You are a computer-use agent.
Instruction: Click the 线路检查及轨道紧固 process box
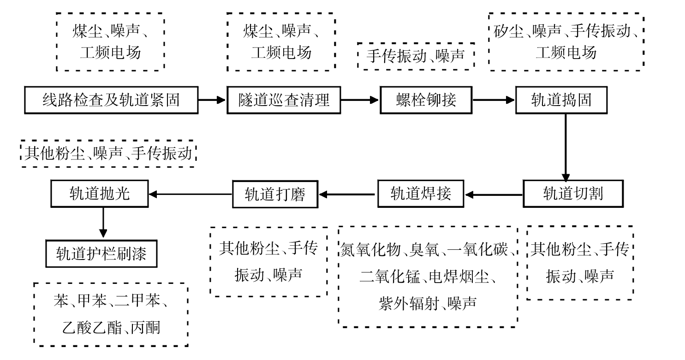(111, 100)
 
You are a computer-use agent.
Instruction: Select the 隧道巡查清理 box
(284, 100)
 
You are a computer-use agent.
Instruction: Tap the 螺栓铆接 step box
(426, 100)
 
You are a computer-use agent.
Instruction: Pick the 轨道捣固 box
(561, 100)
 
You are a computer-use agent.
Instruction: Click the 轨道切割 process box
(573, 194)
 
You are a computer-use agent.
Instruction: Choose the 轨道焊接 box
(421, 194)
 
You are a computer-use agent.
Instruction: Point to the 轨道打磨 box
(275, 194)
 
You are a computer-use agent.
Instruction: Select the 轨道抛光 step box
(100, 194)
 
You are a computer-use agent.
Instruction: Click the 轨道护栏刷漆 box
(101, 254)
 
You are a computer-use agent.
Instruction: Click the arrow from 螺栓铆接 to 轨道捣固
(494, 100)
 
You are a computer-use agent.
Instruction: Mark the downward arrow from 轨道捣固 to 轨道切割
(566, 148)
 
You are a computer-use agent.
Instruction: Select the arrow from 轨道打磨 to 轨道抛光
(191, 194)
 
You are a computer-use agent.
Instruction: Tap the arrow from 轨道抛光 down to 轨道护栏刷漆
(103, 223)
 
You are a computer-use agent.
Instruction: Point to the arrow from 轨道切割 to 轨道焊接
(494, 195)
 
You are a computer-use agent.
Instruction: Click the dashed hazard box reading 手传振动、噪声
(416, 56)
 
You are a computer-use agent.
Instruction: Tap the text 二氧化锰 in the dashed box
(390, 277)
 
